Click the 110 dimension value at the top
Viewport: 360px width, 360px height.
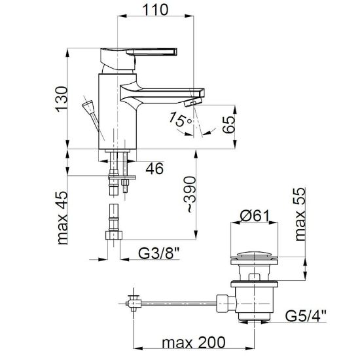point(155,10)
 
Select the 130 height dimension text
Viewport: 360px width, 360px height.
point(62,99)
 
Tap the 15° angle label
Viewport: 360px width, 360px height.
point(180,119)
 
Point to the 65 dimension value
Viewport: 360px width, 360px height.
point(228,124)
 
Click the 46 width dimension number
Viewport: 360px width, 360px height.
point(154,168)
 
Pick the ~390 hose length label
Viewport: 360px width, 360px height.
point(190,194)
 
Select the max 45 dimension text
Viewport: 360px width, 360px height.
point(62,218)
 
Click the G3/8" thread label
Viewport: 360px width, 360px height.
point(158,253)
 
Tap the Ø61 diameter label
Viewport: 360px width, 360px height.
point(254,216)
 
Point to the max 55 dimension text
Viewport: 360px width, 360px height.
point(300,214)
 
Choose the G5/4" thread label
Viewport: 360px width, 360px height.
point(306,315)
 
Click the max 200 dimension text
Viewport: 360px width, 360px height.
point(194,342)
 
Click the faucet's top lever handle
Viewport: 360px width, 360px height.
point(139,58)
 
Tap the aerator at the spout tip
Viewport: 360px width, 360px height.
point(193,102)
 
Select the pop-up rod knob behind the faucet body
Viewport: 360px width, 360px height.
point(88,107)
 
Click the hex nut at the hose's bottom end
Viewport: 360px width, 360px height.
point(114,236)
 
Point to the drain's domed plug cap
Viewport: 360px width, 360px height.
point(254,255)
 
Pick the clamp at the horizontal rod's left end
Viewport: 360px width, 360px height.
point(134,303)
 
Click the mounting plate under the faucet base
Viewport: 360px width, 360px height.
point(122,177)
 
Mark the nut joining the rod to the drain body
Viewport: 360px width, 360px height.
point(226,303)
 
